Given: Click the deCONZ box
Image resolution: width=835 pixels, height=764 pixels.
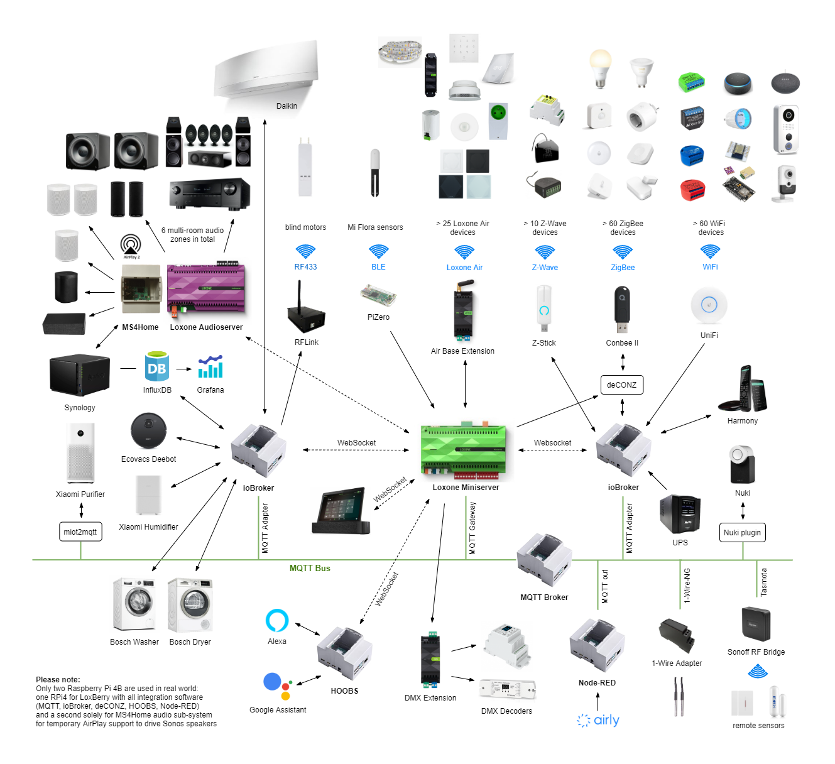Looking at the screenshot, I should [621, 385].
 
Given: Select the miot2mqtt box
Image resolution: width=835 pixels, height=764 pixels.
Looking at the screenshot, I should [80, 532].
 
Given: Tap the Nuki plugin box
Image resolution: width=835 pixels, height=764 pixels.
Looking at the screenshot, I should [742, 532].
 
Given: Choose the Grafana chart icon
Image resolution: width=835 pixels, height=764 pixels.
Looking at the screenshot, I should [210, 367].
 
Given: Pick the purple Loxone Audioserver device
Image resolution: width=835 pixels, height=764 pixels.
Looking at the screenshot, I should [206, 290].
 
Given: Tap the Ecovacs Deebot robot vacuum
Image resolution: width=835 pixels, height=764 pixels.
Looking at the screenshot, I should [148, 432].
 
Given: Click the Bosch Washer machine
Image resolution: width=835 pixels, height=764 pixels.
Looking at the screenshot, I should [134, 604].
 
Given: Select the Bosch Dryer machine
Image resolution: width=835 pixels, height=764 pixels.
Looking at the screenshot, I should [190, 604].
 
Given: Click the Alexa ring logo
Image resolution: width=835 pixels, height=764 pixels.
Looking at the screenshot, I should [277, 620].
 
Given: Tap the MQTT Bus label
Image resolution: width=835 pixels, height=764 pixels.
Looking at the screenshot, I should [310, 568].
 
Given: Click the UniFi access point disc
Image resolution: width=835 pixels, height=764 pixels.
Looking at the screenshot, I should [709, 305].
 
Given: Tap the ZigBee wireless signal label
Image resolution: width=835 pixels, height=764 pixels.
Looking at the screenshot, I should [623, 267].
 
